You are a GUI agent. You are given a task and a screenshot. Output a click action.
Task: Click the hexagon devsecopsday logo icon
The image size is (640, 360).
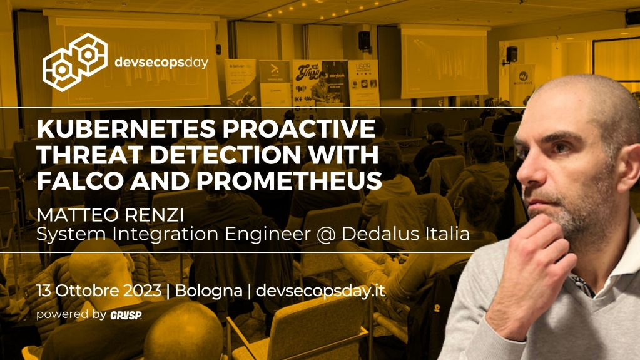[75, 59]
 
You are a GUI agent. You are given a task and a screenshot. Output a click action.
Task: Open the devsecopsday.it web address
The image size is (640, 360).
[321, 291]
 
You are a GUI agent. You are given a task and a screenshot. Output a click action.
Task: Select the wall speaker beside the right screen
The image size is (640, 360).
[511, 54]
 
